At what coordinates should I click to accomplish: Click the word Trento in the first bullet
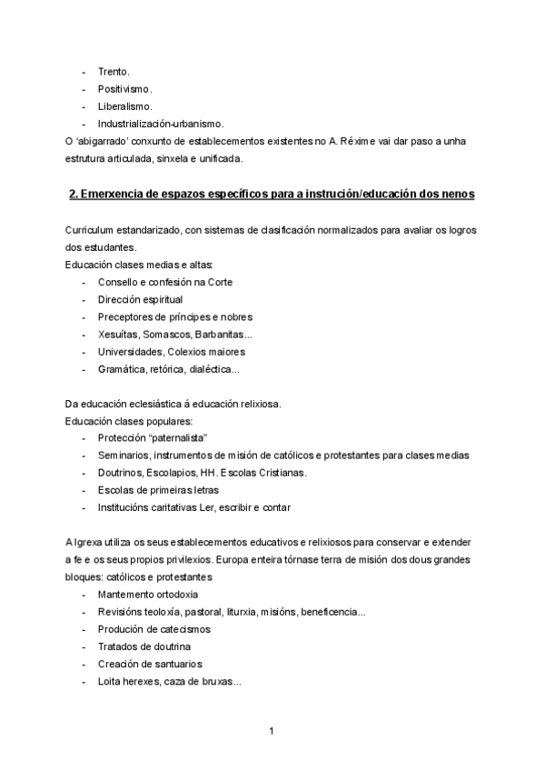click(x=114, y=71)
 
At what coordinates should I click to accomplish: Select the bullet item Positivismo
click(x=124, y=88)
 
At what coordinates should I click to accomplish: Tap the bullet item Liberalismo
click(x=124, y=105)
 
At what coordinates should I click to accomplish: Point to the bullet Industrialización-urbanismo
click(x=161, y=124)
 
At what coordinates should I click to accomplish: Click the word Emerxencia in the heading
click(x=116, y=195)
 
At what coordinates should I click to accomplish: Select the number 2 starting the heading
click(x=72, y=195)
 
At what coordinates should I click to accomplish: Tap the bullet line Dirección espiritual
click(x=140, y=299)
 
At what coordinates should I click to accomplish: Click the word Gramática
click(x=122, y=369)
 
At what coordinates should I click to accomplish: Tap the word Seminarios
click(x=126, y=456)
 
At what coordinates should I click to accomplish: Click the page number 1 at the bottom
click(x=272, y=731)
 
